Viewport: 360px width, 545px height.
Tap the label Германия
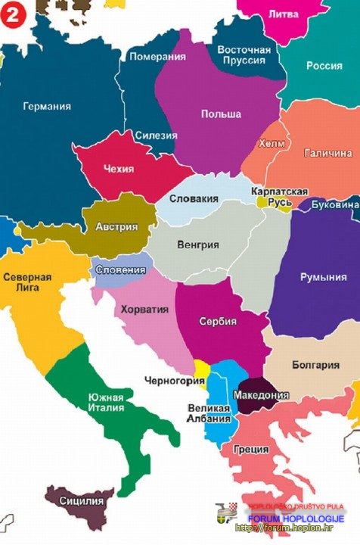point(47,107)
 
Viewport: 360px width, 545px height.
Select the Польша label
point(221,114)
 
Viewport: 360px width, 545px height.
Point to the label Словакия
point(193,199)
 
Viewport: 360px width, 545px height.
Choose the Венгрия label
point(197,245)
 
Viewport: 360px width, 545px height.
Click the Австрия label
point(116,227)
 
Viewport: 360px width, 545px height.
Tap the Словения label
point(119,269)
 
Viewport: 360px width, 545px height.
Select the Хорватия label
point(144,310)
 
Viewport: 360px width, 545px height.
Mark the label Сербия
point(218,322)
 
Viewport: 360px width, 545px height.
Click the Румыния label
point(323,277)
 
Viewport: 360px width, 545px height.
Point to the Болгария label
point(315,365)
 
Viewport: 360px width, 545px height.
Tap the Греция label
point(250,448)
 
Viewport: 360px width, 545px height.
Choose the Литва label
point(283,13)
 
